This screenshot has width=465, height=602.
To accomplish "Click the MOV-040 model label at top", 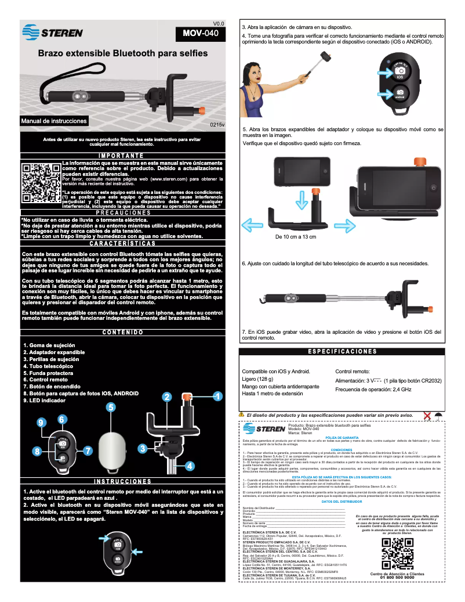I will click(201, 34).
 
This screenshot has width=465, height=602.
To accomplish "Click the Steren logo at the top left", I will click(52, 32).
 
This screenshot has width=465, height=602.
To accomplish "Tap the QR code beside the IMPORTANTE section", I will click(40, 182).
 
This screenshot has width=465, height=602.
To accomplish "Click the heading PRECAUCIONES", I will click(122, 212).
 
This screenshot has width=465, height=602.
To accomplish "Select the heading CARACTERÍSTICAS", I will click(122, 243).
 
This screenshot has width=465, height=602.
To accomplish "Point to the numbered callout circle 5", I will click(110, 407).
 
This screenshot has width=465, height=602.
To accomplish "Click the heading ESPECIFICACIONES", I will click(342, 351).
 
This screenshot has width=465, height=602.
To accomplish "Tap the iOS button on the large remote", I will click(399, 73).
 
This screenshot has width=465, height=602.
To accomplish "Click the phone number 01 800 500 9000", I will click(397, 578).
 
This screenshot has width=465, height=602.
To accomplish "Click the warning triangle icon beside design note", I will click(241, 414).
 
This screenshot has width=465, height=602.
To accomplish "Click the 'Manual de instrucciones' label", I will click(54, 121).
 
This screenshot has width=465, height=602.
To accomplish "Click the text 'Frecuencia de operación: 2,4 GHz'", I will click(373, 389).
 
